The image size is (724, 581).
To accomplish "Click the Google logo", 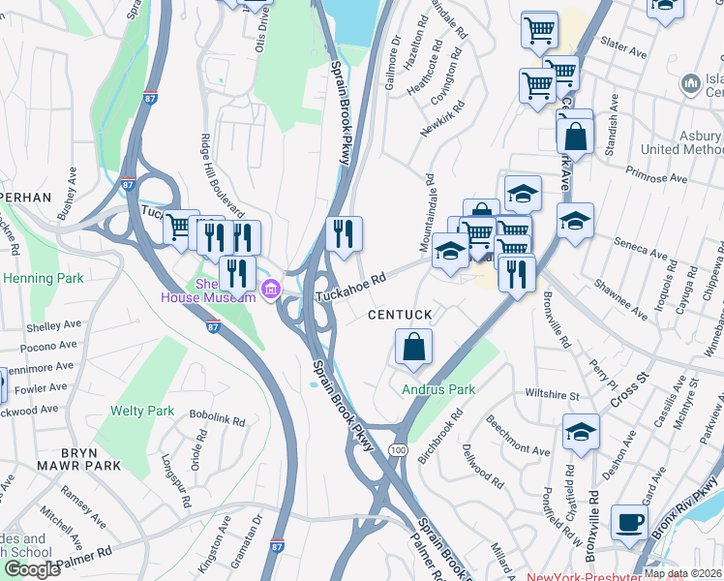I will [x=32, y=569].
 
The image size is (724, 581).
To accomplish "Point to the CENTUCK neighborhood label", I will [x=398, y=316].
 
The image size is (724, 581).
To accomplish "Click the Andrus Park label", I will [x=438, y=389].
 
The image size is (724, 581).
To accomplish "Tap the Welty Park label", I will [x=142, y=411].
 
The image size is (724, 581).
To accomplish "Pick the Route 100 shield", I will [x=398, y=450].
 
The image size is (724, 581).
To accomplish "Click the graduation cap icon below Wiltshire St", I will [x=581, y=430].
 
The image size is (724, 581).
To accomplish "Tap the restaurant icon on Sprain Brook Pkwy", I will [x=345, y=233].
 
